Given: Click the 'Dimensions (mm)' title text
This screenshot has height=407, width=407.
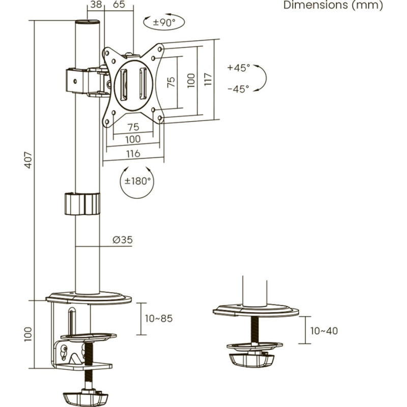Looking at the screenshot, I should pyautogui.click(x=333, y=6).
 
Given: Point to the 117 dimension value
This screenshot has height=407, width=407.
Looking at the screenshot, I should pyautogui.click(x=208, y=79).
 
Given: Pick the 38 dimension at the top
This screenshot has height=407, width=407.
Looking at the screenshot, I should pyautogui.click(x=94, y=5).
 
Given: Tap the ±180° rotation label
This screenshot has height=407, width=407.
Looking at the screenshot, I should pyautogui.click(x=137, y=181).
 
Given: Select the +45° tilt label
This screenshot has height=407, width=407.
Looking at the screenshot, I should pyautogui.click(x=239, y=68).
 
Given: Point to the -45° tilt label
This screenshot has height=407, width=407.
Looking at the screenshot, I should pyautogui.click(x=239, y=89).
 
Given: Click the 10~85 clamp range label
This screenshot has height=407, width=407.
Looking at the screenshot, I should pyautogui.click(x=159, y=318).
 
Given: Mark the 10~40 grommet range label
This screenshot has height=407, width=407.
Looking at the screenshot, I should pyautogui.click(x=324, y=331).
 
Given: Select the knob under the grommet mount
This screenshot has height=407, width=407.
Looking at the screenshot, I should pyautogui.click(x=253, y=358).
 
